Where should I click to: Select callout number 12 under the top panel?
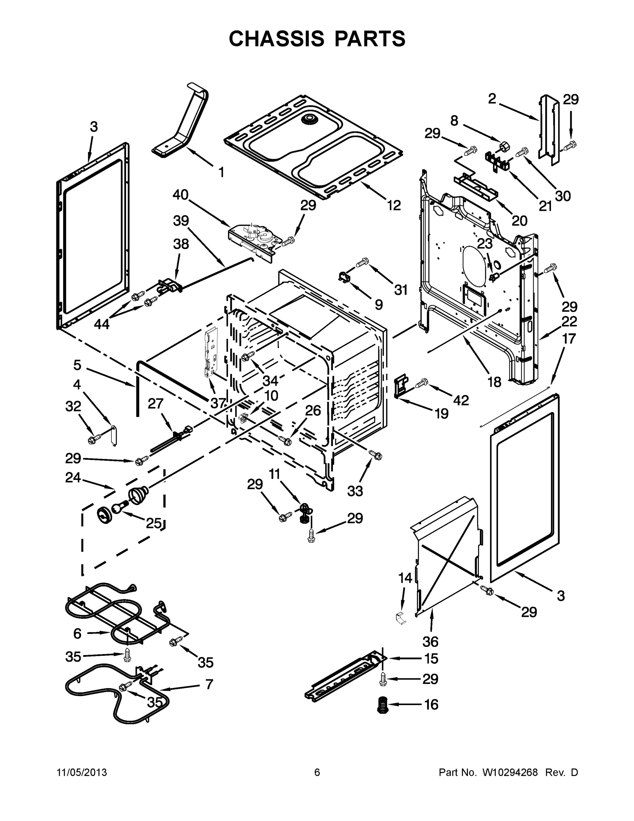click(394, 205)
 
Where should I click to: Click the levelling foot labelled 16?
click(383, 704)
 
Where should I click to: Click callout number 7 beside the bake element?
click(209, 685)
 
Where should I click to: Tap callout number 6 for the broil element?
click(77, 634)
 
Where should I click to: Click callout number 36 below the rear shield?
click(430, 641)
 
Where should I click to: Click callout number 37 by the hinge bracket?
click(218, 403)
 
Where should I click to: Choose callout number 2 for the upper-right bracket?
click(492, 99)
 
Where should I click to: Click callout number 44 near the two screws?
click(102, 324)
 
